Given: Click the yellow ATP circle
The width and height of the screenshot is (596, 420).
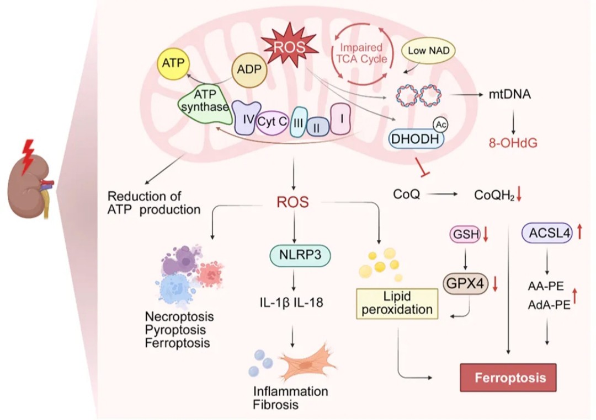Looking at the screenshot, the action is pos(173,63).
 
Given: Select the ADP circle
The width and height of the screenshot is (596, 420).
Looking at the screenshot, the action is pos(249,69).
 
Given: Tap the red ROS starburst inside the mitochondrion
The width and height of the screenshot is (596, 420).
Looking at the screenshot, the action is pos(290,47).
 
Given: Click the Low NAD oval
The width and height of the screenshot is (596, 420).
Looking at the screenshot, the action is pos(428,51).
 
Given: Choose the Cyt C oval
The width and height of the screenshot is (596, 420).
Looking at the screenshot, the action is pos(272,122).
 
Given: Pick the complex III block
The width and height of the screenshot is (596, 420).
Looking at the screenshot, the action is pos(299,122).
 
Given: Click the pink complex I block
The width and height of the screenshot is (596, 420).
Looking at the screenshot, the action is pos(340,119).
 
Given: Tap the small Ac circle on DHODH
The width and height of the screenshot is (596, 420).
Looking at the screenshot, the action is pos(440,125).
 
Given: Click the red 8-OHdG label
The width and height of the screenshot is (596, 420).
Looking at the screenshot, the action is pos(513,143).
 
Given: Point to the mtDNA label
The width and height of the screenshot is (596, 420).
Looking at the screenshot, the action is pos(509,94).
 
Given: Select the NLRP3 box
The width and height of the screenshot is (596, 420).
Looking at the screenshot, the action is pos(300,255).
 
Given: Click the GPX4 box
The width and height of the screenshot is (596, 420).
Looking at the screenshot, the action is pos(466,283).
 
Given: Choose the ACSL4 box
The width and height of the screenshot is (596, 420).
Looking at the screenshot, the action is pos(547,233).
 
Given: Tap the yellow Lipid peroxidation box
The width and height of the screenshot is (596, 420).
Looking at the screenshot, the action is pos(397,303).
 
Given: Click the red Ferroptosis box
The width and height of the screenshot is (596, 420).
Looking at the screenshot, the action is pos(508,378).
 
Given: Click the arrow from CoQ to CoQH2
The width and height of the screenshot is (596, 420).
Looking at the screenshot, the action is pos(442,195).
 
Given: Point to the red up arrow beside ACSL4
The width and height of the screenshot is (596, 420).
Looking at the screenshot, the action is pos(579,231).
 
